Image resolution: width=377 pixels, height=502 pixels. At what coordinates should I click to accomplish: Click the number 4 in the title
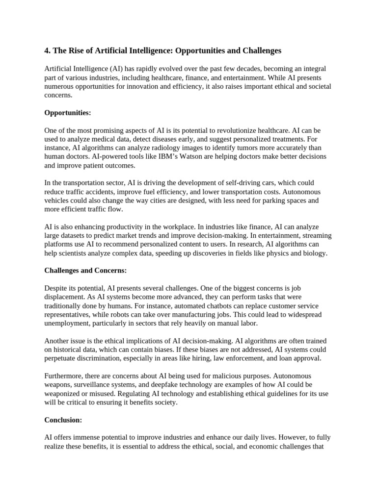pos(47,50)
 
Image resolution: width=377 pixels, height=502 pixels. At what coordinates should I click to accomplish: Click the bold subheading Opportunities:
pos(68,113)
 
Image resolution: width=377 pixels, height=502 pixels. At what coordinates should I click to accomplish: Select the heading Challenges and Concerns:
pos(85,270)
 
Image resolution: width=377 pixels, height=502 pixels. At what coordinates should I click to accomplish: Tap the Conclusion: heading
pos(63,420)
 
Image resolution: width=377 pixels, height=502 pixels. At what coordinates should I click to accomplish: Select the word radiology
pos(167,148)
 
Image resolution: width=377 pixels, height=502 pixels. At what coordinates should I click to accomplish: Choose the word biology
pos(313,253)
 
